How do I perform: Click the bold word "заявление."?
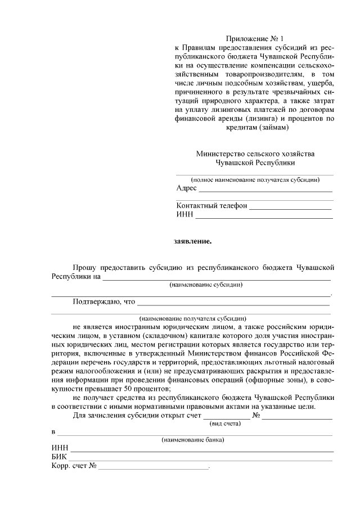point(192,242)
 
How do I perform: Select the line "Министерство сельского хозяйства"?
point(255,154)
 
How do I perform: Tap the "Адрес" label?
point(186,188)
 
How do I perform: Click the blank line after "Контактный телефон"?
point(290,206)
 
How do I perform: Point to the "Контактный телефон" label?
point(211,206)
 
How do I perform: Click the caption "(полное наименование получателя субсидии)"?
point(255,180)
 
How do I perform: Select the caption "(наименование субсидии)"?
point(206,285)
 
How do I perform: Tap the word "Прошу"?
point(84,267)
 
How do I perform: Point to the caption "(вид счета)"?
point(225,423)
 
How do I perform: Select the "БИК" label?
point(59,457)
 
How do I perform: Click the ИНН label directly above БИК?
point(60,448)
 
